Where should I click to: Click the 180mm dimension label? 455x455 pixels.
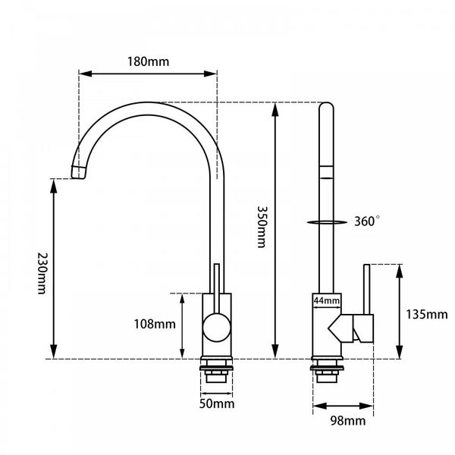149,61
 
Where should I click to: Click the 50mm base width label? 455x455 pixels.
217,403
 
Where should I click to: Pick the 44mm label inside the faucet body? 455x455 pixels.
327,301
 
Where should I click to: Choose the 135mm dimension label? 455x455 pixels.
426,314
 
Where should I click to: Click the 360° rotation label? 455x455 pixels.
368,221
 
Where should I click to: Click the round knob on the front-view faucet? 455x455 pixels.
216,330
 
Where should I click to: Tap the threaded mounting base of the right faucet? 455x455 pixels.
328,371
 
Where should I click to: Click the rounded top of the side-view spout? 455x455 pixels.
326,108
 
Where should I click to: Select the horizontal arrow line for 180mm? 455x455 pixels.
149,74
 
